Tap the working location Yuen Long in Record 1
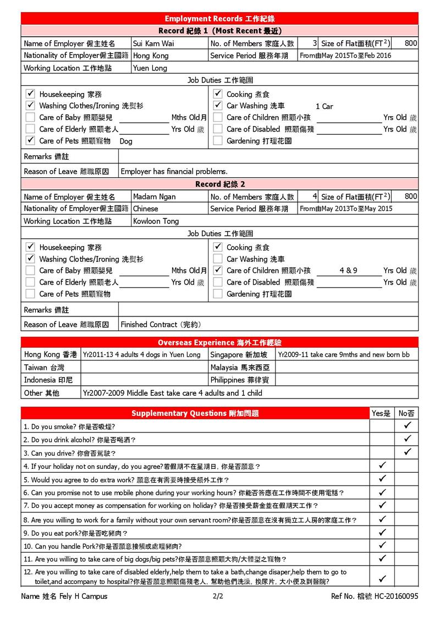pyautogui.click(x=150, y=68)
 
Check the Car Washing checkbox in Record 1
pyautogui.click(x=218, y=106)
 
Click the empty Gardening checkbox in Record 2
pyautogui.click(x=218, y=294)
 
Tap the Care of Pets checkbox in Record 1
pyautogui.click(x=31, y=141)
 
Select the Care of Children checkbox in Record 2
pyautogui.click(x=218, y=270)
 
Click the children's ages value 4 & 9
pyautogui.click(x=349, y=270)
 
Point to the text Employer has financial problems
pyautogui.click(x=174, y=172)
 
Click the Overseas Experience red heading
pyautogui.click(x=219, y=342)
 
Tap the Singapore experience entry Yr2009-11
pyautogui.click(x=344, y=355)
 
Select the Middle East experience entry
pyautogui.click(x=172, y=393)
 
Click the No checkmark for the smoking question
pyautogui.click(x=407, y=425)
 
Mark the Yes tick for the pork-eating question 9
pyautogui.click(x=383, y=533)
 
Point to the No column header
pyautogui.click(x=407, y=413)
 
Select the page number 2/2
pyautogui.click(x=217, y=596)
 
